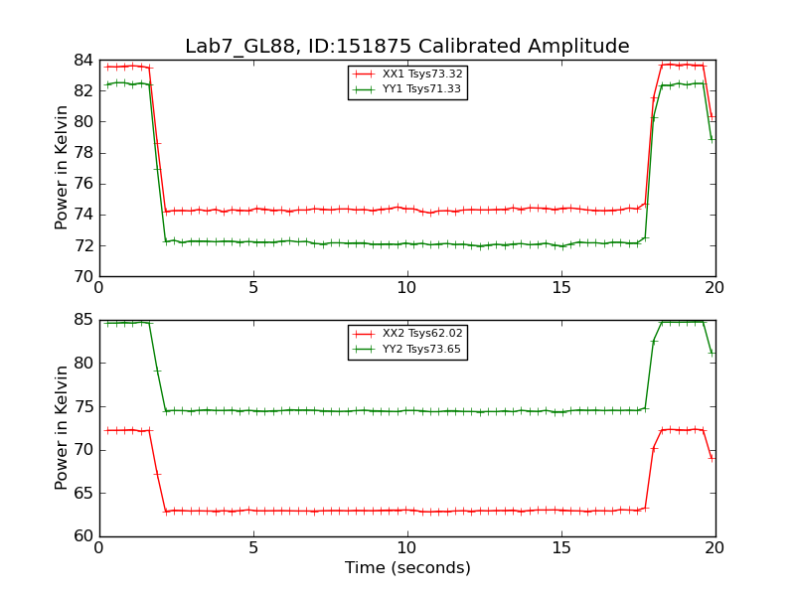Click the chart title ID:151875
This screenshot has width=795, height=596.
pyautogui.click(x=406, y=47)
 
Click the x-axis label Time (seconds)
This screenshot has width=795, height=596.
pyautogui.click(x=407, y=568)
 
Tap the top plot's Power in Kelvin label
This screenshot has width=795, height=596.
pyautogui.click(x=62, y=167)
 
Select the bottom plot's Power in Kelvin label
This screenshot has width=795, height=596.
pyautogui.click(x=62, y=427)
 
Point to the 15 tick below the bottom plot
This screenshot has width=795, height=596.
pyautogui.click(x=561, y=548)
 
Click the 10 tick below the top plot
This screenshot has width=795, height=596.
pyautogui.click(x=407, y=288)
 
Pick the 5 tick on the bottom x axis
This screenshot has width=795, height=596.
pyautogui.click(x=253, y=548)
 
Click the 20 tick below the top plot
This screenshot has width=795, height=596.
pyautogui.click(x=715, y=288)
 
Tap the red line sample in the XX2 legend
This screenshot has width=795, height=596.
pyautogui.click(x=365, y=334)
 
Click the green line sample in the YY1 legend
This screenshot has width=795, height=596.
pyautogui.click(x=365, y=89)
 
